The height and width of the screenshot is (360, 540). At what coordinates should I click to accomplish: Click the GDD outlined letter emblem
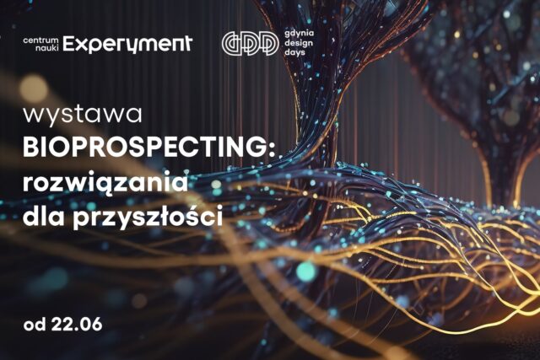point(250,43)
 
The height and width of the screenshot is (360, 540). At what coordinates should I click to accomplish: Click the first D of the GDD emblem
point(250,43)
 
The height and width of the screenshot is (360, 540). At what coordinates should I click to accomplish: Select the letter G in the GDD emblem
point(232,43)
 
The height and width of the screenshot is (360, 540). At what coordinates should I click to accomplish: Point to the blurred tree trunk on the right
point(502,169)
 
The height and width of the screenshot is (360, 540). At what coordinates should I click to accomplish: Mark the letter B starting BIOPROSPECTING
point(31,148)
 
